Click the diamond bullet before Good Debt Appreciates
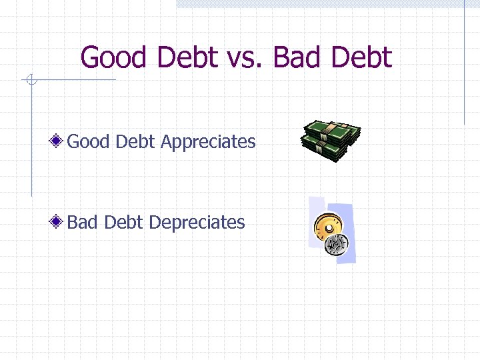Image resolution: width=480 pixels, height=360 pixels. (x=59, y=141)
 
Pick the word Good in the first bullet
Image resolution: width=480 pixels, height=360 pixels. (x=88, y=141)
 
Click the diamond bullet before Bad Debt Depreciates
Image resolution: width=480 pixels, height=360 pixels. (x=59, y=222)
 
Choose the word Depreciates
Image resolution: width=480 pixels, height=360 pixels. (x=197, y=223)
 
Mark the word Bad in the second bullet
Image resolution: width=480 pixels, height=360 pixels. (x=82, y=222)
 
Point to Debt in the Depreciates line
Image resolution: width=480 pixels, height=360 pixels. (x=123, y=222)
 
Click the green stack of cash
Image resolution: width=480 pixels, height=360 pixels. (x=331, y=140)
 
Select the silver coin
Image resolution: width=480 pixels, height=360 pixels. (x=335, y=244)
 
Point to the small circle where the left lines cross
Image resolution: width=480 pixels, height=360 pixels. (x=31, y=81)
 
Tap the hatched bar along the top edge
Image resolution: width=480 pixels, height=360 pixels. (x=320, y=3)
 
